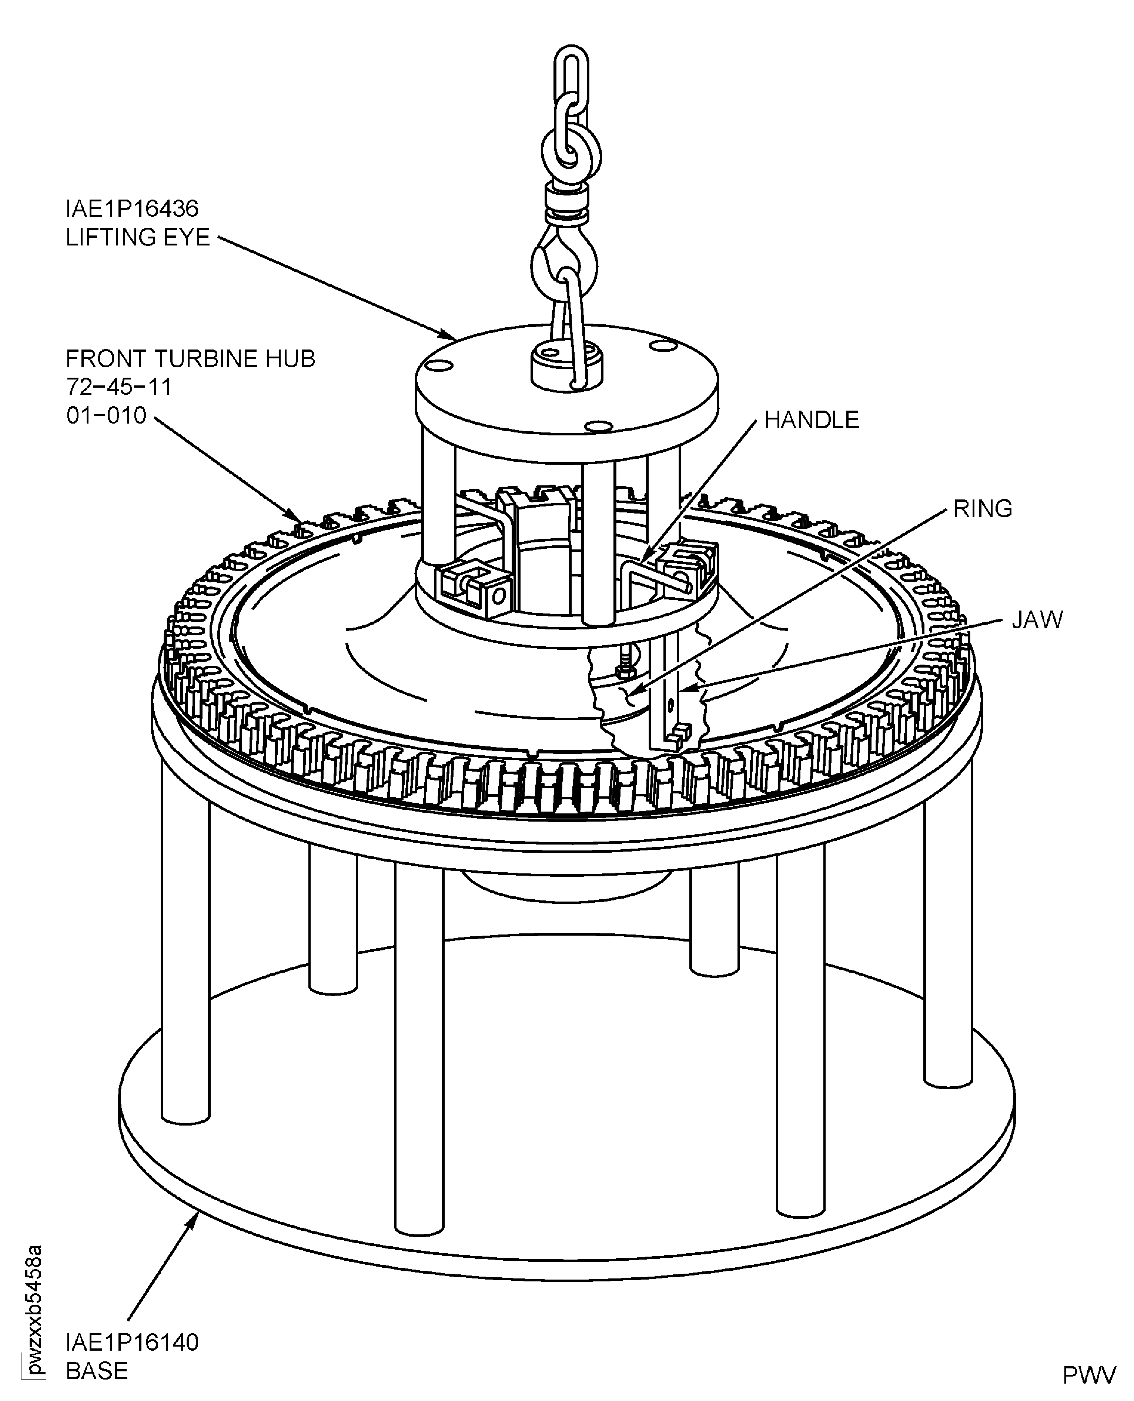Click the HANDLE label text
[811, 420]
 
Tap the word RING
[983, 509]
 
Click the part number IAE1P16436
[132, 209]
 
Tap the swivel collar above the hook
[567, 204]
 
